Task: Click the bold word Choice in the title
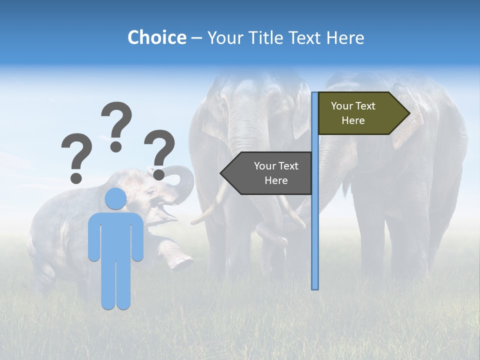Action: [x=156, y=37]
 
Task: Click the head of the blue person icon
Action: [x=115, y=198]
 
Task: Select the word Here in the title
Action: [x=345, y=37]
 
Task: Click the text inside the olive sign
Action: [x=353, y=113]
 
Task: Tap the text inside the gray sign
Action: [x=276, y=173]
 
